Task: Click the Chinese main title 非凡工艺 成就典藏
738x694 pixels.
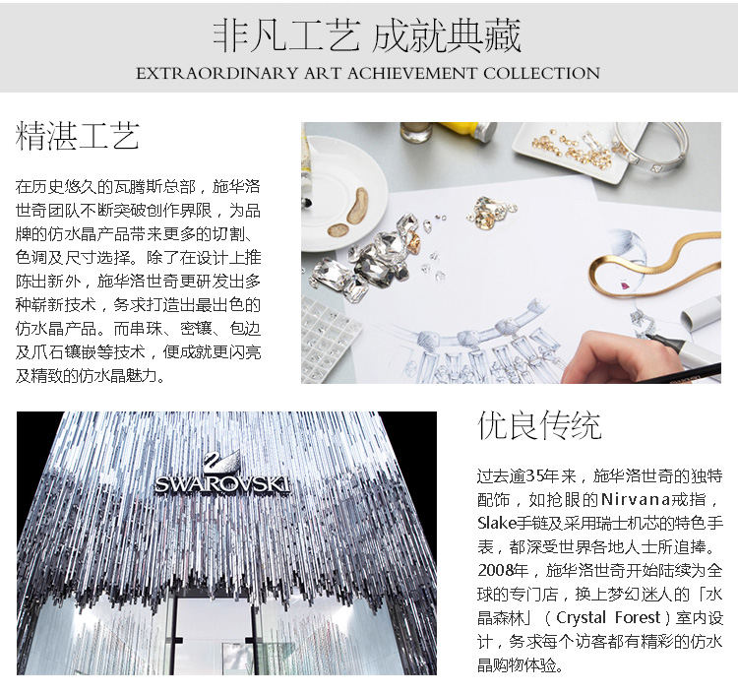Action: click(367, 35)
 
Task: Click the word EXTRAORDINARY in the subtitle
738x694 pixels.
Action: click(217, 74)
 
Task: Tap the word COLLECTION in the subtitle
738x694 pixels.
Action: click(541, 74)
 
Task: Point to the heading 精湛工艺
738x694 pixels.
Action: click(78, 136)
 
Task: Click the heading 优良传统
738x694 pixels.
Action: click(540, 425)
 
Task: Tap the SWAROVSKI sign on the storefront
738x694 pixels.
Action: click(221, 484)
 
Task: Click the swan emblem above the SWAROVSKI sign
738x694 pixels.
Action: click(221, 462)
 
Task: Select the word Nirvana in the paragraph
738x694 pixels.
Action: click(636, 499)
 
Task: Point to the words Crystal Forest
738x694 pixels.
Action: click(608, 617)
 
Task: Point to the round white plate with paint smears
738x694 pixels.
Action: click(343, 193)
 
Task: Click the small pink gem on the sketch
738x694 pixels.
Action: click(626, 284)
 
